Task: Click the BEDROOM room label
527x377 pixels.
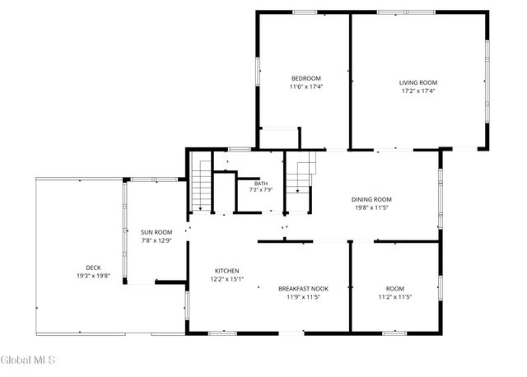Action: (x=305, y=79)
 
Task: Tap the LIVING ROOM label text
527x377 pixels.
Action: (x=418, y=82)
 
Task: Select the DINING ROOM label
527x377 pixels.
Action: (x=371, y=199)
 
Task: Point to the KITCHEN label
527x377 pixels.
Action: (x=227, y=271)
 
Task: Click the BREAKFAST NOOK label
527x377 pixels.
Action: (x=304, y=289)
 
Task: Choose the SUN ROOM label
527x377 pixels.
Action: (x=156, y=232)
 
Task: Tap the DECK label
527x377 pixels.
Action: (x=93, y=268)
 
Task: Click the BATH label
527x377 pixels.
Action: (x=261, y=184)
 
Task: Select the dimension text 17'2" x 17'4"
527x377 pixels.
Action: (x=418, y=91)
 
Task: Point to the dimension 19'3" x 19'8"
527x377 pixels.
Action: (x=93, y=277)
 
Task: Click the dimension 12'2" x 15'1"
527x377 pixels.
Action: (x=227, y=279)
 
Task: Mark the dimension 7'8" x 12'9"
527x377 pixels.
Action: (x=156, y=240)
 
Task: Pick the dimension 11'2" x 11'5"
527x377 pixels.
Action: (x=395, y=297)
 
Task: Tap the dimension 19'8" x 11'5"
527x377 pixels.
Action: (x=371, y=207)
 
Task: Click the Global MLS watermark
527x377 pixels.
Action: (x=27, y=360)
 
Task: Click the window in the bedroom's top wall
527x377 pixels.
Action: (x=305, y=12)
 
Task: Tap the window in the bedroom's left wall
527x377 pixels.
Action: (x=258, y=71)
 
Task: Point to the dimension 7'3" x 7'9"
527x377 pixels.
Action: (x=261, y=190)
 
